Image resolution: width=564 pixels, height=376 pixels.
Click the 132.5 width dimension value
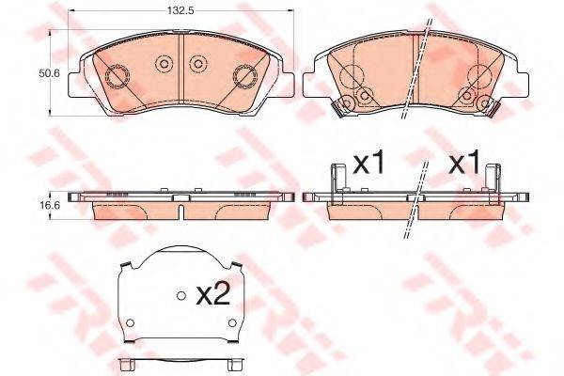(x=180, y=12)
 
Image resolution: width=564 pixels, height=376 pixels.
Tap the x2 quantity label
(x=213, y=295)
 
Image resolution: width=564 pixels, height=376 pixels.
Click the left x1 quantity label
(x=368, y=164)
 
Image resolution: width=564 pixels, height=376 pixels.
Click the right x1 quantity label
(x=463, y=164)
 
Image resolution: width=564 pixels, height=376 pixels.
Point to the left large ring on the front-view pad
(x=120, y=75)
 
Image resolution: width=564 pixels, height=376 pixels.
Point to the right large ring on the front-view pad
(x=244, y=75)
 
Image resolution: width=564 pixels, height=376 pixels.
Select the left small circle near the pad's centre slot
(x=163, y=64)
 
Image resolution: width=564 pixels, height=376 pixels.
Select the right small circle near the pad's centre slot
(x=197, y=64)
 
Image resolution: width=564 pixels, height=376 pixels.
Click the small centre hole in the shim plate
(x=180, y=295)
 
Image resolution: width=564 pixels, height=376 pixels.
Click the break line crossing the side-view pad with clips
(x=417, y=202)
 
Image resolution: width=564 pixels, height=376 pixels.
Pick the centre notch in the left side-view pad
(x=179, y=195)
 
